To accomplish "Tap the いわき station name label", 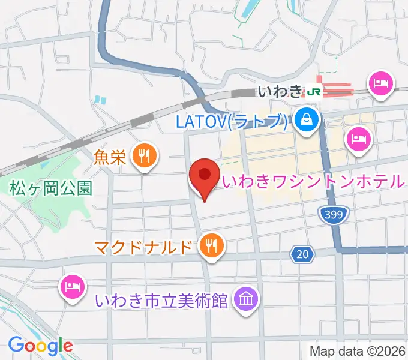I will tap(280, 91).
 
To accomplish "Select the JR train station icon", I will tap(314, 91).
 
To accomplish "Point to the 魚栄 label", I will tap(110, 158).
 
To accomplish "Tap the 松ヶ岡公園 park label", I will tap(50, 188).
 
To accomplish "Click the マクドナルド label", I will tap(145, 246).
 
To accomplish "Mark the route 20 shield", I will tap(304, 254).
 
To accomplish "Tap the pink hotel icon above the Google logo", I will tap(71, 285).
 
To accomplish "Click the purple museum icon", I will tap(245, 298).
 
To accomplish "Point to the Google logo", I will tap(40, 345).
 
